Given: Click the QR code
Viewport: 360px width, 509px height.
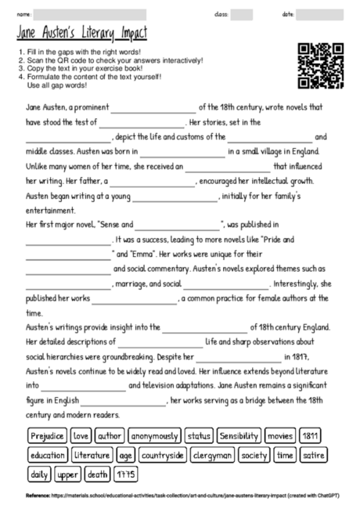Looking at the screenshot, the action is (x=322, y=66).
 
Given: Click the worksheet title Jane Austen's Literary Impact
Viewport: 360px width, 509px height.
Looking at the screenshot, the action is (x=81, y=34).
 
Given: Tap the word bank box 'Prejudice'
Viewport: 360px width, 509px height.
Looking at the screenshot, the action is (x=46, y=435).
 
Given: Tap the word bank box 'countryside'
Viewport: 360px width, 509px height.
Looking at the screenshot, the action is (x=160, y=454).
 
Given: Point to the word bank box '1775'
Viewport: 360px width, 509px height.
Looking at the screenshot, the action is (x=126, y=474).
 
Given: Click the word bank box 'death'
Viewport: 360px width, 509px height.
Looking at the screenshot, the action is (x=98, y=474).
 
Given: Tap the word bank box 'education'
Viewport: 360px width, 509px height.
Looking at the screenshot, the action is (x=47, y=454).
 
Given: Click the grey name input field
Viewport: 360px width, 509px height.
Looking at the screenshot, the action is (x=90, y=14).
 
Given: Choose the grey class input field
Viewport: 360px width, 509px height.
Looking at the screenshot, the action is (x=242, y=14).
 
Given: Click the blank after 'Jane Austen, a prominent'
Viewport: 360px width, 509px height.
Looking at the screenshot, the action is (x=157, y=108).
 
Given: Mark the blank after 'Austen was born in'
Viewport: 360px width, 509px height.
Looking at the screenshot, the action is (x=183, y=151).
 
